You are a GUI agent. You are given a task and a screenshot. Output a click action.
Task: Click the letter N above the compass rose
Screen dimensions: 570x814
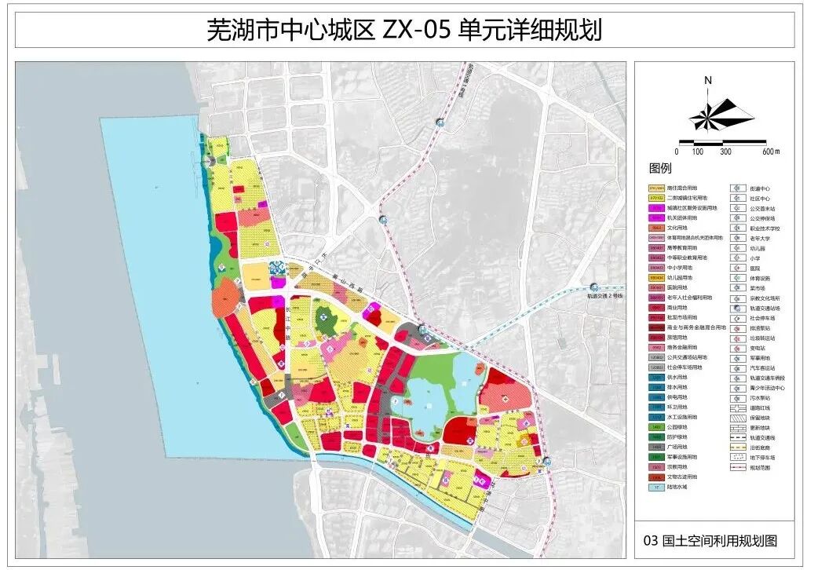707,80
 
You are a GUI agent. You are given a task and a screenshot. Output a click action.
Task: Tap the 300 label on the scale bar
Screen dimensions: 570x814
725,152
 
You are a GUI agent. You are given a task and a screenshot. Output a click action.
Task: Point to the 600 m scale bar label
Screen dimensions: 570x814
772,152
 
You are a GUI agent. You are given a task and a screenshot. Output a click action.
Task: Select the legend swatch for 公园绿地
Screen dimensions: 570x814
657,426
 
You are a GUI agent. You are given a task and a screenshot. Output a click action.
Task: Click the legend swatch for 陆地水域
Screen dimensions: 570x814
657,487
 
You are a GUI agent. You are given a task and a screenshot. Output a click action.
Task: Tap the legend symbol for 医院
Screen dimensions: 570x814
738,268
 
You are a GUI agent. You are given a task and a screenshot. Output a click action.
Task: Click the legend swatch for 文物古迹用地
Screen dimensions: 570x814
657,477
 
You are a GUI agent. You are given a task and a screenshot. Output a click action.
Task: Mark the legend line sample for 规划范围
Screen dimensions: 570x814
738,467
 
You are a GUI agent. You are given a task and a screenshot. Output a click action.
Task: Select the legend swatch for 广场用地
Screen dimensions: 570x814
657,447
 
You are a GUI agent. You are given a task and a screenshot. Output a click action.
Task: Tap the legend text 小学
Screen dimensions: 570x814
754,258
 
